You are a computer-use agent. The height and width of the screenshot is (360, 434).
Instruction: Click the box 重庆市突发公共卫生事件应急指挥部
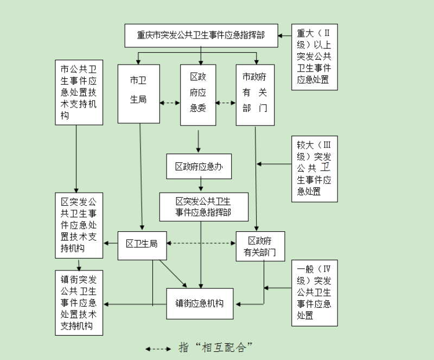[201, 36]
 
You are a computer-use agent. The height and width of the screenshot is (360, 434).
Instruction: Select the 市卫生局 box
[138, 93]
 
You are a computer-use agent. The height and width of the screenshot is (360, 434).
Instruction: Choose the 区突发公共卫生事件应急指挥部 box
[203, 207]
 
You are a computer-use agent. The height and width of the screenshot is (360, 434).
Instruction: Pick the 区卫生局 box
[142, 244]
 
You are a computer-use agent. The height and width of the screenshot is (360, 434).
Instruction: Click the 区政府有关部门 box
[260, 246]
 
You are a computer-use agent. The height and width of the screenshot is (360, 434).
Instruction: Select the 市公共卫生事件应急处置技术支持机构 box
[79, 92]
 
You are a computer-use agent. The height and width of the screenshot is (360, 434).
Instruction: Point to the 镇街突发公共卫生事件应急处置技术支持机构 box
[79, 302]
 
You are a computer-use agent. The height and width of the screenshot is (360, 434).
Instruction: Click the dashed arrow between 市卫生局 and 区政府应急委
[170, 102]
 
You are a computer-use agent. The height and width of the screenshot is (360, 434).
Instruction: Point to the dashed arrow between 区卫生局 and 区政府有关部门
[201, 243]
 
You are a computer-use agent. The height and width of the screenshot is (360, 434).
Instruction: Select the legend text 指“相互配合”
[216, 348]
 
